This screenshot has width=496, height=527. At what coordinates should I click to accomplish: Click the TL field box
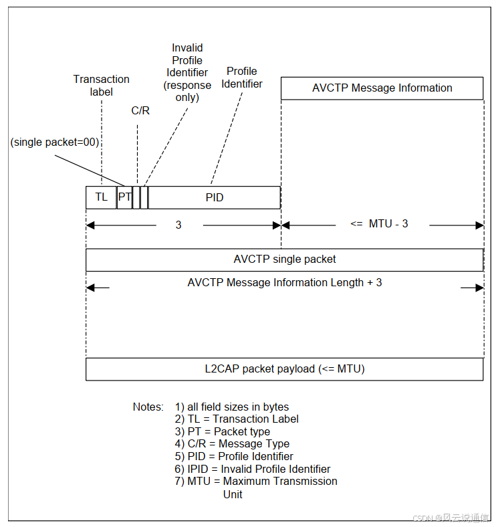[101, 197]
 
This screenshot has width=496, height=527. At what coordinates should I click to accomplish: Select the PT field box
[124, 197]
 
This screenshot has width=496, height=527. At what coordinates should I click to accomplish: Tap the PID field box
[214, 197]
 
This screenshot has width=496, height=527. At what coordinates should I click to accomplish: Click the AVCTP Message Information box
[382, 88]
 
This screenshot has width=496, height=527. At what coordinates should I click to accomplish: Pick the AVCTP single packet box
[284, 259]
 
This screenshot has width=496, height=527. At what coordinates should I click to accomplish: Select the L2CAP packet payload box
[284, 369]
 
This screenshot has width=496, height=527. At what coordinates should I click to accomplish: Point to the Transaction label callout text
[102, 86]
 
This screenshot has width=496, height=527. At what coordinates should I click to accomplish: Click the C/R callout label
[140, 110]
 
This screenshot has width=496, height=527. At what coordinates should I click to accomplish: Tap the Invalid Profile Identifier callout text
[188, 72]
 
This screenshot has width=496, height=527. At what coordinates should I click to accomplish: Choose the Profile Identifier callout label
[242, 78]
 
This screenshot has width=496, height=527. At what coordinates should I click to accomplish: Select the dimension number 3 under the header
[178, 225]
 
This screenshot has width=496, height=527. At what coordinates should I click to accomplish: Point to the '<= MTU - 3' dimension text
[379, 224]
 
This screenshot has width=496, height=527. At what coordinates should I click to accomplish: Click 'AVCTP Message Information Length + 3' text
[285, 283]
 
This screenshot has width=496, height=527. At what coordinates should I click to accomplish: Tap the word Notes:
[148, 407]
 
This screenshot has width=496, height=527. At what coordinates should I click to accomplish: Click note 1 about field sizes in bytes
[232, 407]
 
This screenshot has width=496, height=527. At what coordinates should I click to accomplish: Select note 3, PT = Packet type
[223, 431]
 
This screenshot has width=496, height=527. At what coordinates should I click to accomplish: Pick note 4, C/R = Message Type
[232, 443]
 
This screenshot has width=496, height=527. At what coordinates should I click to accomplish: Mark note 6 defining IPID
[253, 469]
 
